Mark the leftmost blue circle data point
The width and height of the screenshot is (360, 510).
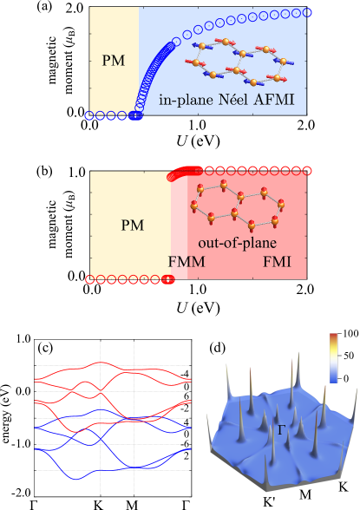[x=89, y=115]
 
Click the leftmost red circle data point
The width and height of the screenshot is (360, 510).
[x=89, y=278]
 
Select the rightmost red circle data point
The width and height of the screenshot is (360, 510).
[x=305, y=170]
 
